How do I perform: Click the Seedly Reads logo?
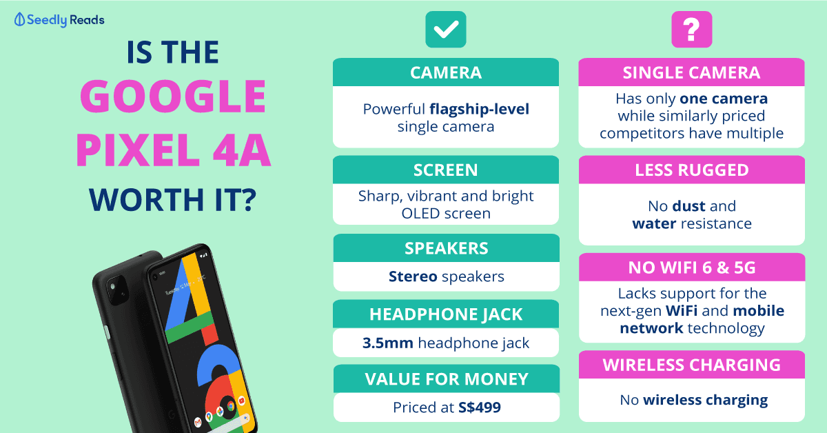59,20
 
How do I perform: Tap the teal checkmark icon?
446,29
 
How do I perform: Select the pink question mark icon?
691,29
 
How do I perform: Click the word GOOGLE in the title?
173,96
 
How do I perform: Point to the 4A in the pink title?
242,150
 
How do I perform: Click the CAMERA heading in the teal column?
446,72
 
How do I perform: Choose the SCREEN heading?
446,170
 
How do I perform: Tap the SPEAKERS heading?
447,248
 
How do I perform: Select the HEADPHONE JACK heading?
446,314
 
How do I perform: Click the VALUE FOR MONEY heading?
447,379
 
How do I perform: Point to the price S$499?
480,407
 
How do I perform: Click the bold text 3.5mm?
387,343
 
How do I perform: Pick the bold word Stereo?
413,276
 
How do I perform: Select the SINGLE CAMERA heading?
691,72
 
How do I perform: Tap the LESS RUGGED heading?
692,170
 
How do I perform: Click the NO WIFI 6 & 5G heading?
692,268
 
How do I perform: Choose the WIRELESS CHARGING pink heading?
692,365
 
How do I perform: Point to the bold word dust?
689,206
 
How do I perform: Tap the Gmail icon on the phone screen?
198,422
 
